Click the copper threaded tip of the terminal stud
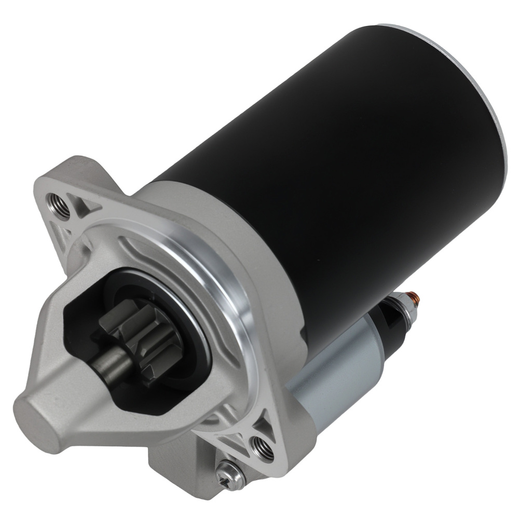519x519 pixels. pyautogui.click(x=417, y=297)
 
